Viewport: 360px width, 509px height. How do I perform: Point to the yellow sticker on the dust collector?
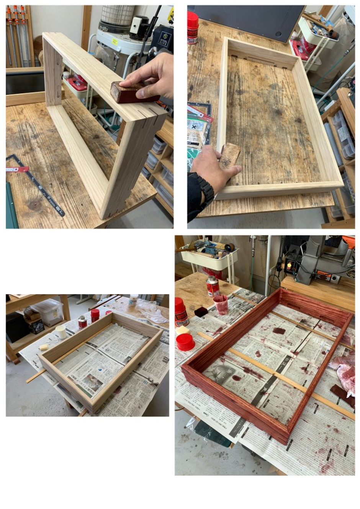[x=115, y=41]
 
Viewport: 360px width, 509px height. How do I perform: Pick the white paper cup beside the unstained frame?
[x=61, y=331]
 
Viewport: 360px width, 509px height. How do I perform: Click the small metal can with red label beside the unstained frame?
[x=82, y=322]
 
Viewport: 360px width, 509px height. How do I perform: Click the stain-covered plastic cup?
[x=221, y=304]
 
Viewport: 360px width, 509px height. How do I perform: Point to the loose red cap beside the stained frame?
[x=185, y=342]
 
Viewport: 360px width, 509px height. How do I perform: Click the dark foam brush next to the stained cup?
[x=201, y=312]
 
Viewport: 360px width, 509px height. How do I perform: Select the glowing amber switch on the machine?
[x=289, y=266]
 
